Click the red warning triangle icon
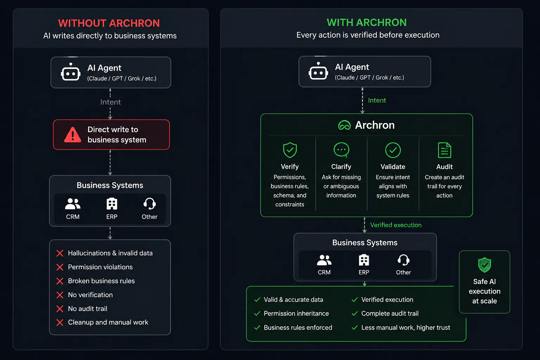point(72,135)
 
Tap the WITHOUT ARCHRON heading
point(109,23)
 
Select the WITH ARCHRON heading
point(367,22)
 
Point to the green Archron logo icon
point(344,125)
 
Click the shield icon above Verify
point(290,150)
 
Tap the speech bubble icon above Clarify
point(341,150)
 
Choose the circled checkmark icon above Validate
point(393,150)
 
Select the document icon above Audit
point(444,150)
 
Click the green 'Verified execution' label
point(396,225)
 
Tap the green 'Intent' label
point(377,100)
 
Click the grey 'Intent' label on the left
point(110,102)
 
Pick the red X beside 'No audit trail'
point(60,309)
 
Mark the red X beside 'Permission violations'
point(60,267)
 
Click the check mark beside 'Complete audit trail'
point(355,314)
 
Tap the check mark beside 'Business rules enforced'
point(257,327)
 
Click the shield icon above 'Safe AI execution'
point(484,265)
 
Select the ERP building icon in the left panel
point(112,204)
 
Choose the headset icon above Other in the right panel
point(404,260)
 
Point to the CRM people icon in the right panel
point(324,260)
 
